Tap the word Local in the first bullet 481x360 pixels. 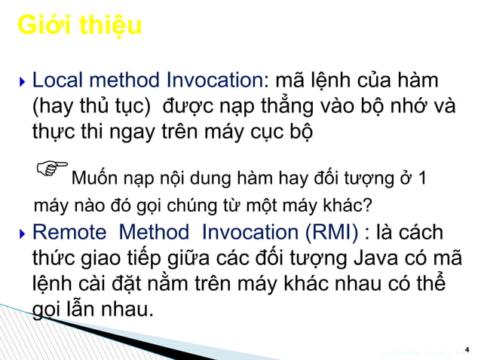[x=58, y=81]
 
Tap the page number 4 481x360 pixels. [x=467, y=349]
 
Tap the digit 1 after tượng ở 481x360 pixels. [x=421, y=180]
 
